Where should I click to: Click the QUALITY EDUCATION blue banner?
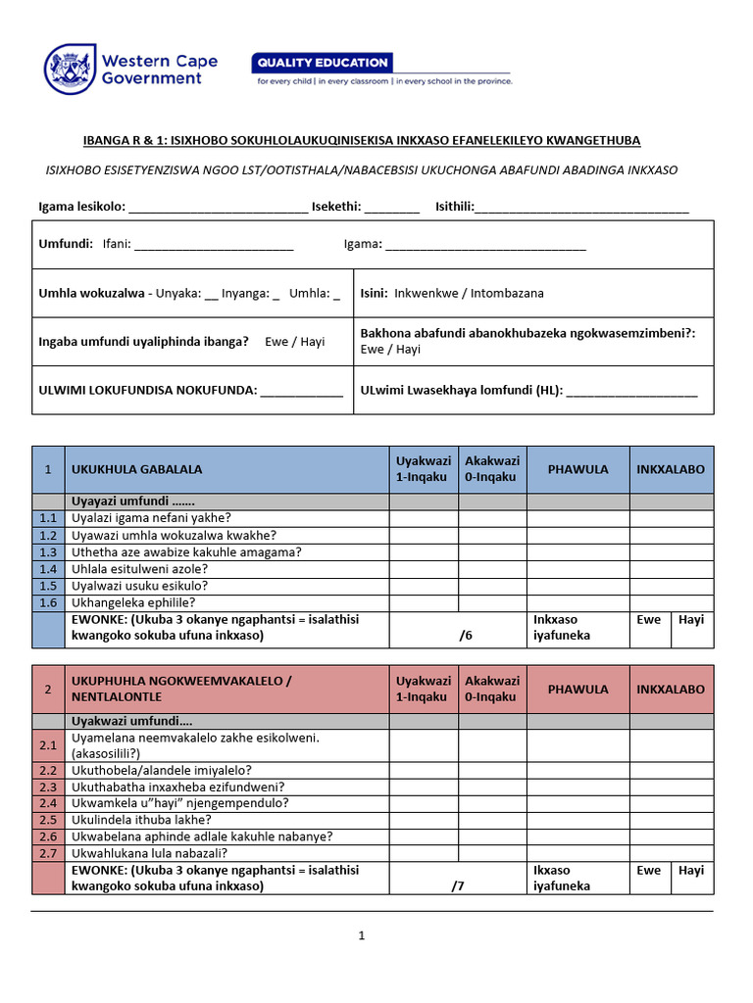coord(323,63)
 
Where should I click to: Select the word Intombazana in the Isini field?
coord(508,293)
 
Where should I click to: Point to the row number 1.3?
coord(48,552)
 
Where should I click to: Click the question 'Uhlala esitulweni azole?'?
coord(139,569)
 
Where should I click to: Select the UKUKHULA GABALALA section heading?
coord(137,469)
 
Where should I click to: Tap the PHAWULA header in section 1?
coord(577,469)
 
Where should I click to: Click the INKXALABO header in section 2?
coord(671,689)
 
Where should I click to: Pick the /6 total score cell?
coord(466,635)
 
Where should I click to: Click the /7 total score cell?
coord(458,886)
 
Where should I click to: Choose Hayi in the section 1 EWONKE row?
coord(691,620)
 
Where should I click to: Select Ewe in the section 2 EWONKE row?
coord(648,870)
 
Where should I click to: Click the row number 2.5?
coord(48,820)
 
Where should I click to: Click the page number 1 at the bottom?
coord(361,936)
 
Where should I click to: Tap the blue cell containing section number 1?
coord(48,469)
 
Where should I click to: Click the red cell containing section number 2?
coord(48,689)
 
